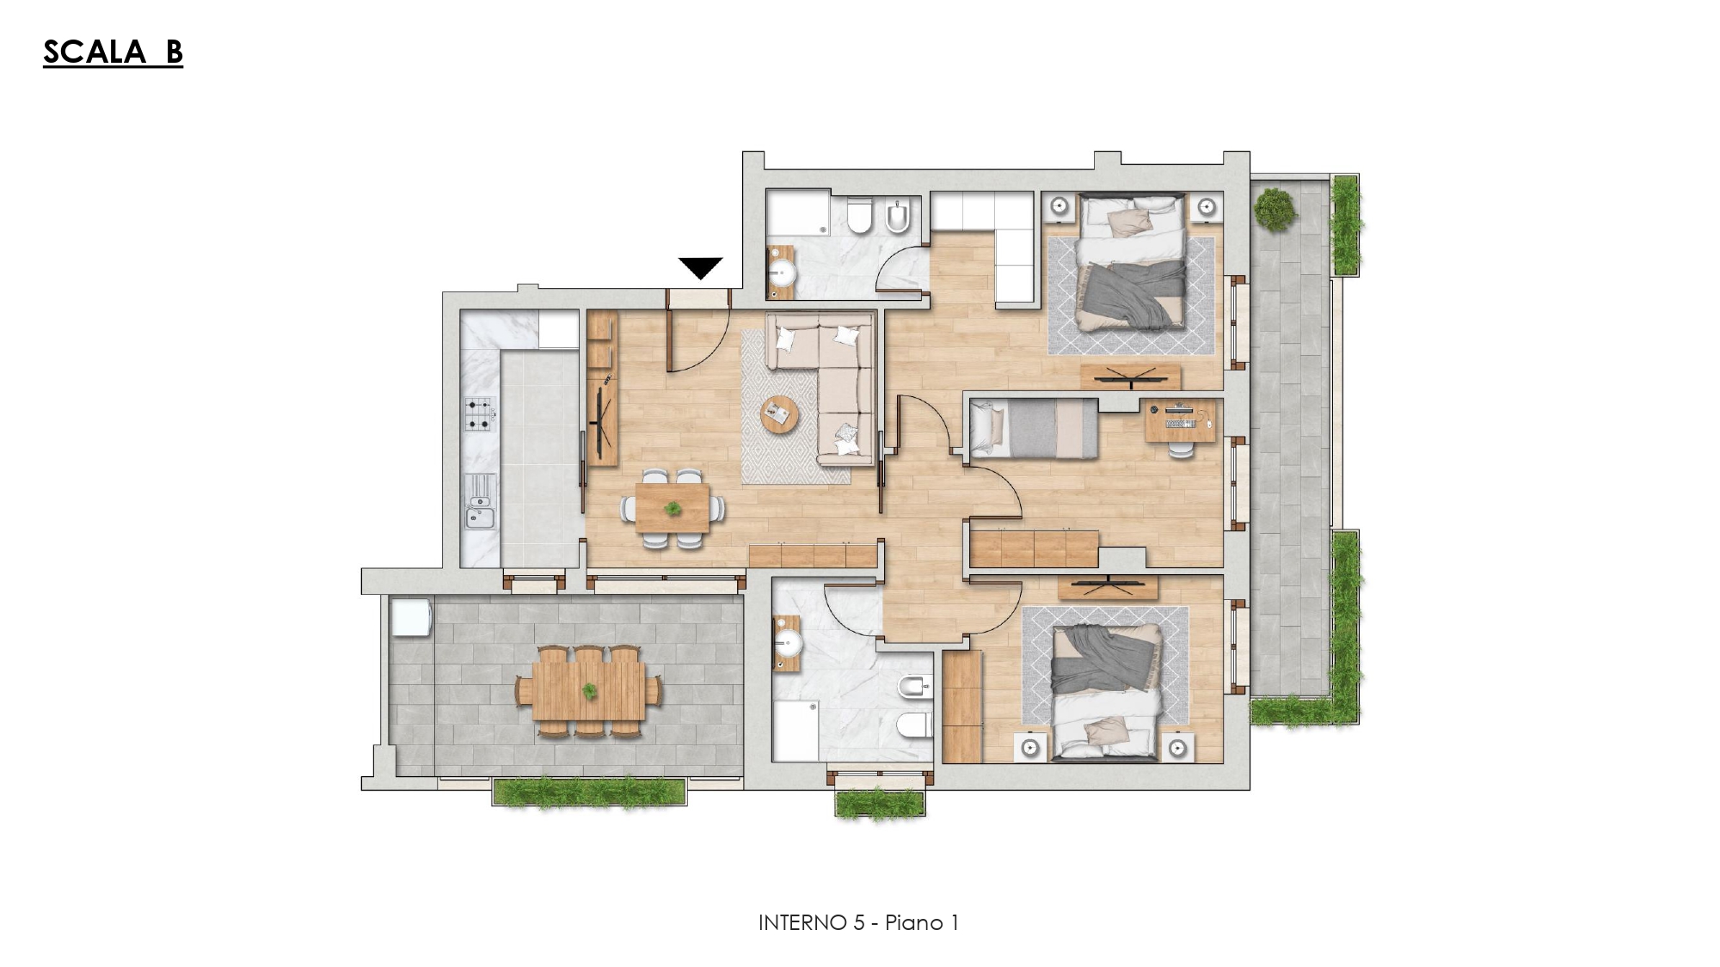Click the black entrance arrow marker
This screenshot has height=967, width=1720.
(701, 267)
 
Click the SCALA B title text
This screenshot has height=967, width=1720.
(113, 52)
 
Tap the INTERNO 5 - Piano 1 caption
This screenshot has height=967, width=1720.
(858, 922)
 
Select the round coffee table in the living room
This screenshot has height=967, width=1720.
(780, 414)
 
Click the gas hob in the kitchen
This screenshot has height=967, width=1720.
(480, 413)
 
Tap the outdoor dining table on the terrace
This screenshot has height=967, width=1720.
(589, 690)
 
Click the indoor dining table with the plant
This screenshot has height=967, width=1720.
(673, 509)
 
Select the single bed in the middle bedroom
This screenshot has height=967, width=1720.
(1034, 428)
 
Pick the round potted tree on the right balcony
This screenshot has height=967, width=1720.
(1274, 209)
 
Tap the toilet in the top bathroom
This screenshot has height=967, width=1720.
(859, 217)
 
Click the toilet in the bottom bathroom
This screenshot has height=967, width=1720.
(914, 725)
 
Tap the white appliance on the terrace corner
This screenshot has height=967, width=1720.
(409, 617)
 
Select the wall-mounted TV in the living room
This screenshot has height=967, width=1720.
(602, 413)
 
